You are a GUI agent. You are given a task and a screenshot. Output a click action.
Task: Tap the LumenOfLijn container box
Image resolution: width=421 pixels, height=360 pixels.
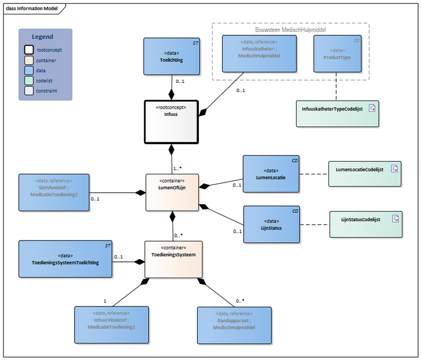[172, 192]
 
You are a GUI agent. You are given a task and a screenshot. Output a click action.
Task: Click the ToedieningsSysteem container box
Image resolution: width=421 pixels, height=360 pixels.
[173, 259]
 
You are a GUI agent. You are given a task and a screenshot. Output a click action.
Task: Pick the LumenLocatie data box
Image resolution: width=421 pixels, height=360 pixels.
[271, 174]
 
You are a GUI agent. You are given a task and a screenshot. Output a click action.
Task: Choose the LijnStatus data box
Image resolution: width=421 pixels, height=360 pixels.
[271, 224]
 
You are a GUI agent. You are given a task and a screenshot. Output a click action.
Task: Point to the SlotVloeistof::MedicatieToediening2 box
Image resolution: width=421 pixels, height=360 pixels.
[53, 192]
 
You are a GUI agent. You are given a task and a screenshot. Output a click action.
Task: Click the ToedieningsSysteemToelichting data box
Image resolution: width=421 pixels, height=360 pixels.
[65, 259]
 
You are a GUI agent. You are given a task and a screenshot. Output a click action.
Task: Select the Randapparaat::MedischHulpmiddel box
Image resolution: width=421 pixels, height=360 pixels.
[234, 324]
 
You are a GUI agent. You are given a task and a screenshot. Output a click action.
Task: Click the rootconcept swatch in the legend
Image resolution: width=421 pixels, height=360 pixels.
[28, 50]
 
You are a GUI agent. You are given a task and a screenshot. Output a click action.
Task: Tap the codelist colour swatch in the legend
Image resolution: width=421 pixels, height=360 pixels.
[28, 81]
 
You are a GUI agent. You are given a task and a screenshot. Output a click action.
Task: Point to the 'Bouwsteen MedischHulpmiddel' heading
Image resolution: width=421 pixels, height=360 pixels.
[291, 29]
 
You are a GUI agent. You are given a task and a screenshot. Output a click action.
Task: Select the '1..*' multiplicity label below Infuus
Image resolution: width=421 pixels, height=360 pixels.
[178, 168]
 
